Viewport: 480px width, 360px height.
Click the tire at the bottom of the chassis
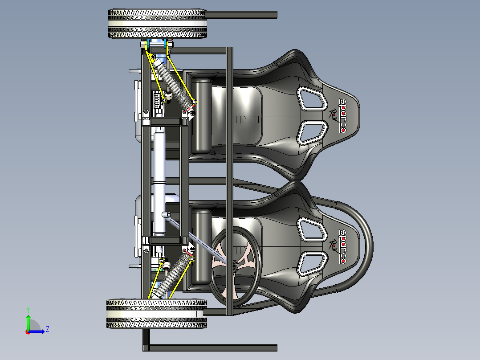[x=156, y=314]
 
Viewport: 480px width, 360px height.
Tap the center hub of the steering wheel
[x=233, y=266]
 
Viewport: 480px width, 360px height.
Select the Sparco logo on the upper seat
[x=343, y=115]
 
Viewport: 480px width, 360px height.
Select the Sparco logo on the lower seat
[x=343, y=246]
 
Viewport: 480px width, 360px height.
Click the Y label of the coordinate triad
[x=28, y=309]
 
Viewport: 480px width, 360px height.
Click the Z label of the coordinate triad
[x=47, y=329]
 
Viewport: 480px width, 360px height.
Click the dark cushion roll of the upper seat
[x=201, y=116]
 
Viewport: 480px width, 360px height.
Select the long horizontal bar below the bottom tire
[x=214, y=347]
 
